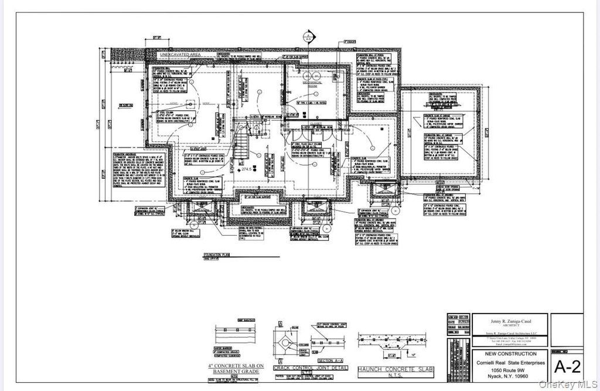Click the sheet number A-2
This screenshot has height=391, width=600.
[x=567, y=366]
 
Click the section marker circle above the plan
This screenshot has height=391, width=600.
[x=306, y=36]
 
